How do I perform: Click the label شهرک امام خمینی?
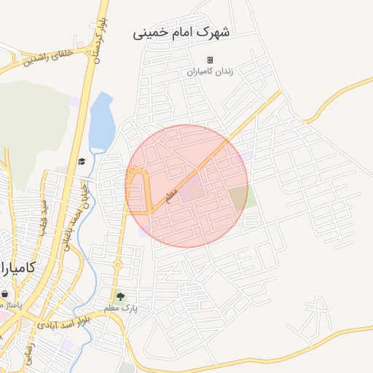pos(181,34)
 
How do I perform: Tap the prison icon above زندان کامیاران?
pos(210,60)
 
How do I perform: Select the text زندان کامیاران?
pos(210,72)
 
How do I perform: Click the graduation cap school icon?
pos(82,161)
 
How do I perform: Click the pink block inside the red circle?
pos(192,192)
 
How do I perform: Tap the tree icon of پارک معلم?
pos(120,297)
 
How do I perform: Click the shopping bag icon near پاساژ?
pos(5,294)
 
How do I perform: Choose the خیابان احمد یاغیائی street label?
pos(85,200)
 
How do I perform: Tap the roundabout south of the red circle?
pos(117,264)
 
